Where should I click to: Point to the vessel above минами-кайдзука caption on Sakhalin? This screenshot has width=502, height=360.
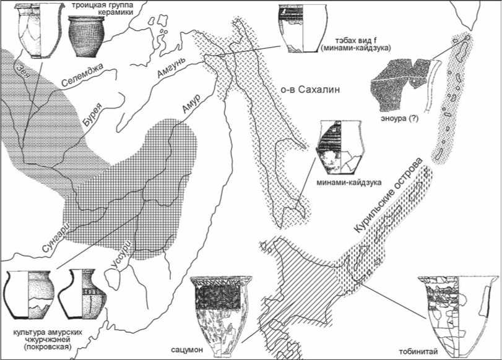point(337,146)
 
